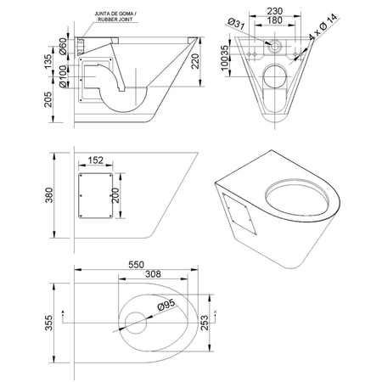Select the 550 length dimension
tap(139, 265)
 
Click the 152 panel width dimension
tap(95, 160)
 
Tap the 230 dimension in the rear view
tap(272, 10)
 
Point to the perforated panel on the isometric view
tap(240, 210)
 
